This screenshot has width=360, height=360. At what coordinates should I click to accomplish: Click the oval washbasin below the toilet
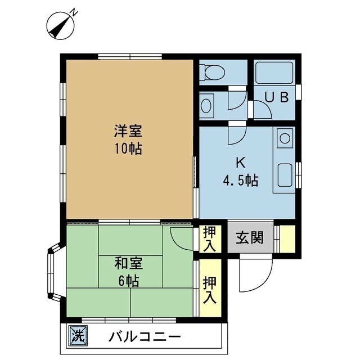tap(206, 106)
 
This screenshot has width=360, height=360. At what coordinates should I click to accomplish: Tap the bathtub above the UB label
tap(274, 73)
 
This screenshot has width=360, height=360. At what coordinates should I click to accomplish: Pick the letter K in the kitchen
tap(240, 164)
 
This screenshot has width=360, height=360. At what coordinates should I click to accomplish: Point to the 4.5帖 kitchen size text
tap(240, 181)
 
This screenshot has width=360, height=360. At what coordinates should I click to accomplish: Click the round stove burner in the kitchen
tap(285, 138)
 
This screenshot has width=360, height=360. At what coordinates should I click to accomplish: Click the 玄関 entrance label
tap(249, 237)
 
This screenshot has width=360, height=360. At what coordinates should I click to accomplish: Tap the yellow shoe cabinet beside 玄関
tap(287, 237)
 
